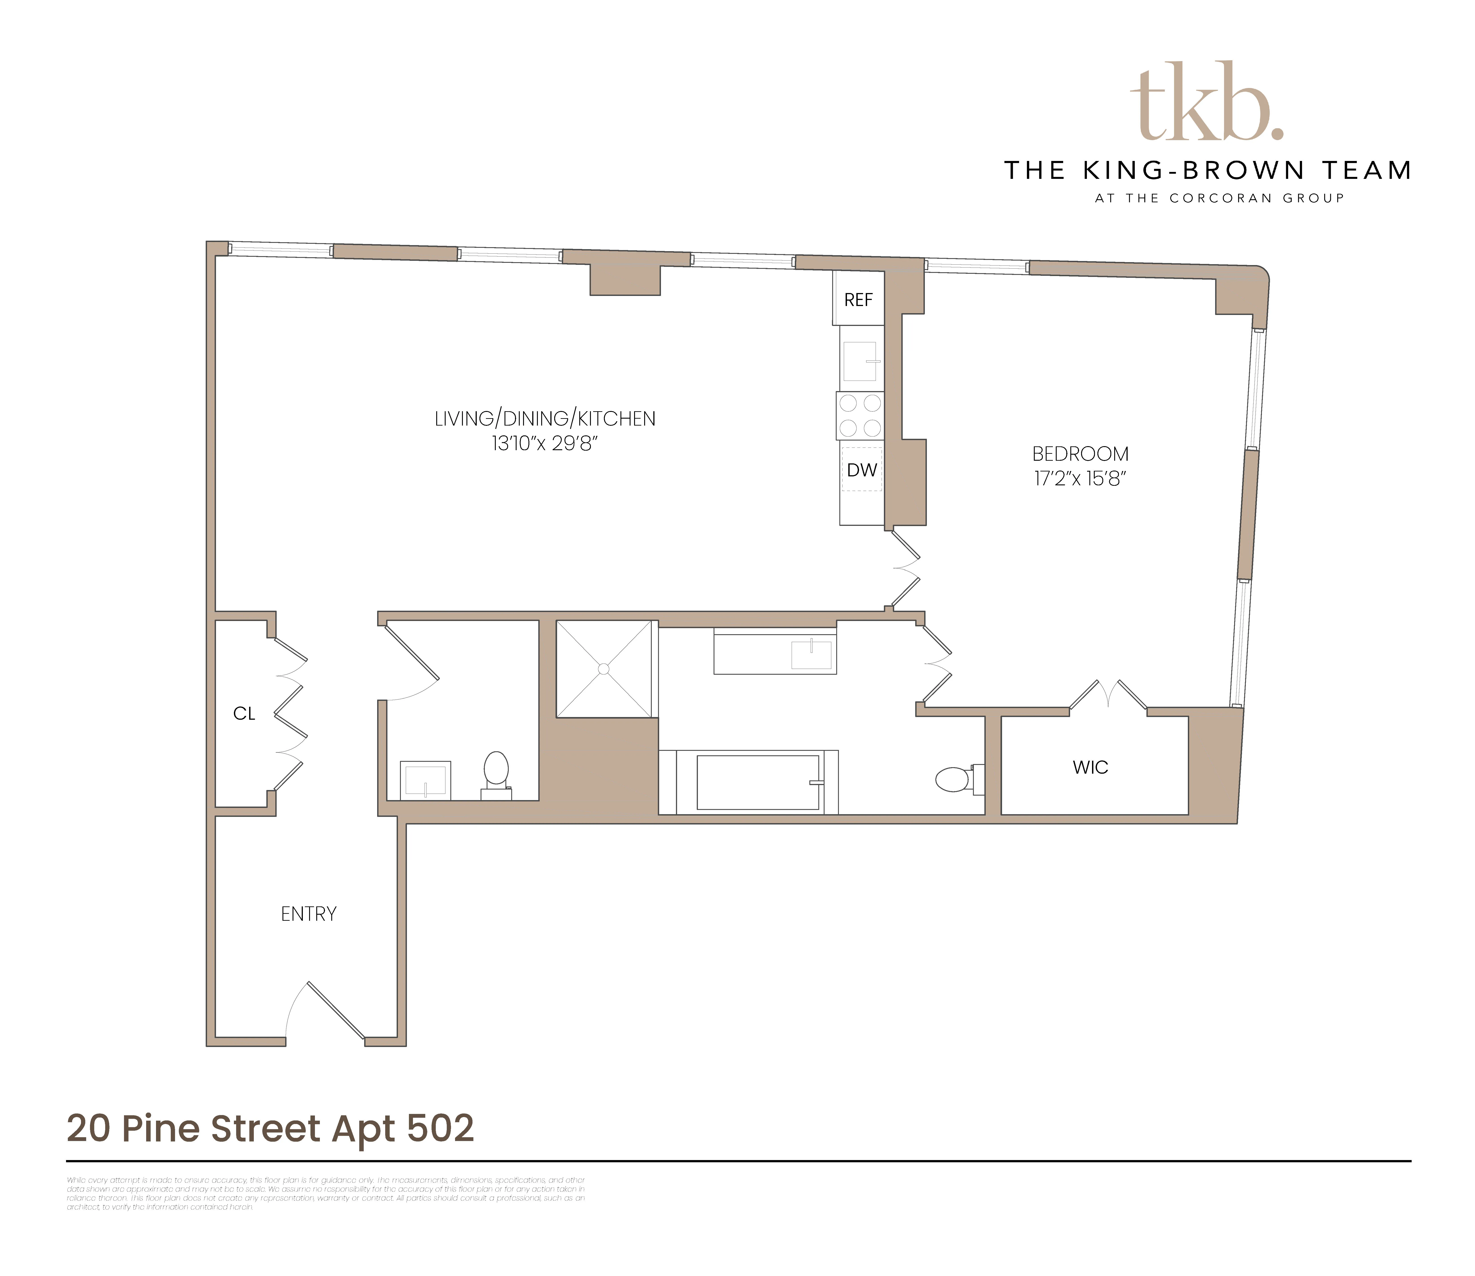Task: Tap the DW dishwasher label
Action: pyautogui.click(x=861, y=470)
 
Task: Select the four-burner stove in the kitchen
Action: pyautogui.click(x=860, y=415)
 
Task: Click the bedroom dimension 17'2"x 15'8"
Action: pyautogui.click(x=1080, y=479)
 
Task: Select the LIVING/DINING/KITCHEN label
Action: pyautogui.click(x=545, y=419)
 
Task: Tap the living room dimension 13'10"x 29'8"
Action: pyautogui.click(x=545, y=444)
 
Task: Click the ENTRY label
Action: pyautogui.click(x=308, y=914)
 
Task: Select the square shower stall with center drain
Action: pyautogui.click(x=604, y=669)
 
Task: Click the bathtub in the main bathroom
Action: pyautogui.click(x=757, y=782)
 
